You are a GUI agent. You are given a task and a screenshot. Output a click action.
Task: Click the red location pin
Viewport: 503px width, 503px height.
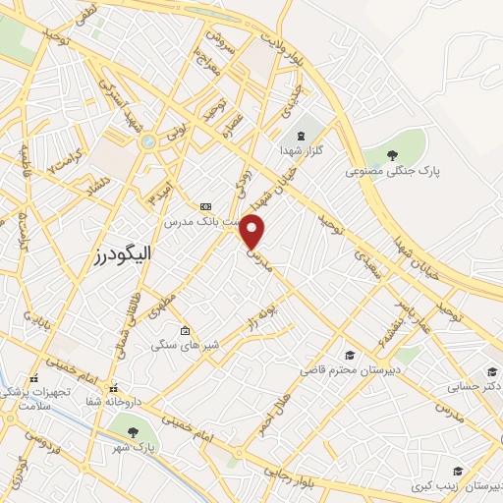[x=253, y=231]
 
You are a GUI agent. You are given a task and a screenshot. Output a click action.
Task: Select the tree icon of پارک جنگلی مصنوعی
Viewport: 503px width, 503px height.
[x=392, y=155]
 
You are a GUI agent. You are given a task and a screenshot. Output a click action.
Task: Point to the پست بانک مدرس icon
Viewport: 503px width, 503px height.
[x=205, y=206]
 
